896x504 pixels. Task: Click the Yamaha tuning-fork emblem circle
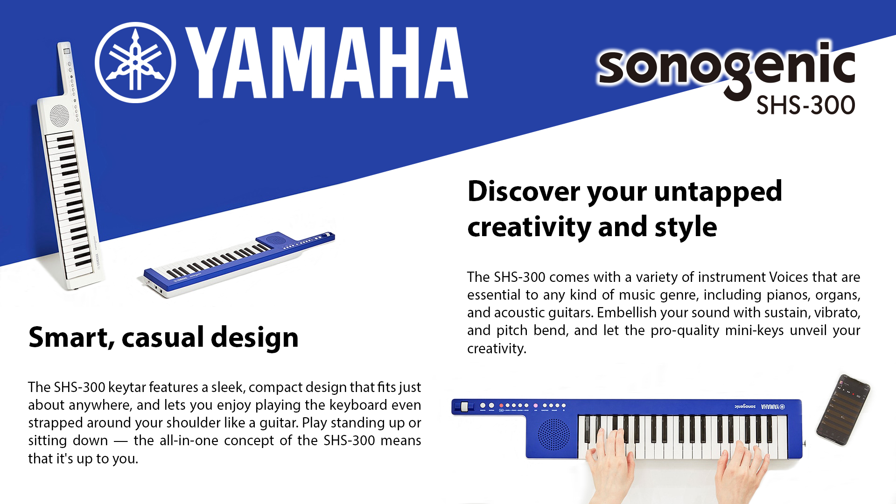135,63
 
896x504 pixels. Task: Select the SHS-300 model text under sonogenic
805,105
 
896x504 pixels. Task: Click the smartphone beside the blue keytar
843,410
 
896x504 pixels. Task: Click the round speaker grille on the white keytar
59,115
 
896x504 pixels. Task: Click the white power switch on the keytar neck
464,406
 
